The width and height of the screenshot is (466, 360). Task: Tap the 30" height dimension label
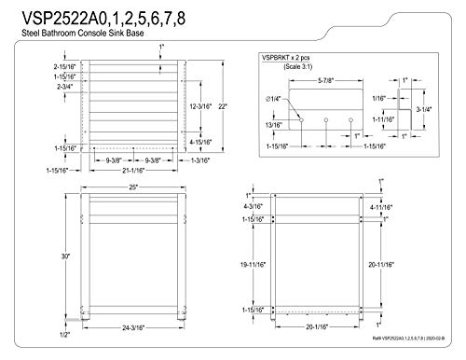click(x=39, y=257)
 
